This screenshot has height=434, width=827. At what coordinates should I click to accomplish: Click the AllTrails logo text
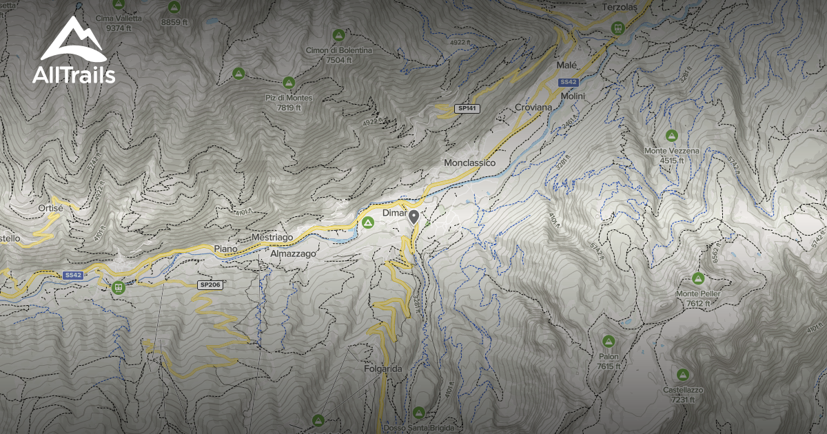click(74, 76)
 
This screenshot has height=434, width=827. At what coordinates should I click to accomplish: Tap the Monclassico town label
click(470, 163)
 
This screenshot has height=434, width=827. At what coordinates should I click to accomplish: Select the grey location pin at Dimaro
click(413, 218)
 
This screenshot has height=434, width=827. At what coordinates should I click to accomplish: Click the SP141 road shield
click(467, 109)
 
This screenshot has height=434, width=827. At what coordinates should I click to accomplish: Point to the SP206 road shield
click(210, 285)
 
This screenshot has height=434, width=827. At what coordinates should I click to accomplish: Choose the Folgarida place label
click(383, 369)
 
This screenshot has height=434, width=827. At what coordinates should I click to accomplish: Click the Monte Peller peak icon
click(698, 278)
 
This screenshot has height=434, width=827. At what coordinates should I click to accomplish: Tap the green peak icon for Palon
click(609, 341)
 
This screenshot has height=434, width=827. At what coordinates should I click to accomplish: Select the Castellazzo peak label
click(683, 390)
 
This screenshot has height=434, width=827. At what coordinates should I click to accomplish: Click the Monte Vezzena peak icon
click(671, 135)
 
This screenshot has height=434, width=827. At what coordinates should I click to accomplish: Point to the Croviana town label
click(533, 108)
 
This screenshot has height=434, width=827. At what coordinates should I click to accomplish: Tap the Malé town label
click(566, 65)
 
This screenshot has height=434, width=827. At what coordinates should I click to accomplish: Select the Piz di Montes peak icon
click(289, 83)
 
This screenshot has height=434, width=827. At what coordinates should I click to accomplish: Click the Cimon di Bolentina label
click(339, 50)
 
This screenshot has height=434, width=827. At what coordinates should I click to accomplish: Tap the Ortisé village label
click(51, 207)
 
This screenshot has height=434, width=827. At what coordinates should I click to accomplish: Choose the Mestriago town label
click(272, 237)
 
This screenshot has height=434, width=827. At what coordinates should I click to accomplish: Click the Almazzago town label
click(293, 254)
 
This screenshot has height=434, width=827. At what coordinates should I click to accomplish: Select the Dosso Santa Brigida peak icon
click(418, 412)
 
